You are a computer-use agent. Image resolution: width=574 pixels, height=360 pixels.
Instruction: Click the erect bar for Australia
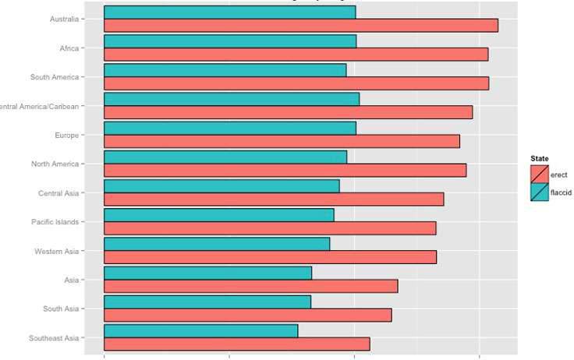click(x=300, y=26)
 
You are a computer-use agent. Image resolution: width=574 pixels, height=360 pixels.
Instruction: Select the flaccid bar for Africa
click(x=230, y=41)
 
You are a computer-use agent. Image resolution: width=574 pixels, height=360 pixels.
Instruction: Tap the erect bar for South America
click(x=296, y=83)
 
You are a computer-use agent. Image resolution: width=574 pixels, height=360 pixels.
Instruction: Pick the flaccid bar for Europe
click(x=230, y=128)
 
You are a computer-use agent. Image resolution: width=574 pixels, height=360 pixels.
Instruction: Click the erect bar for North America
click(x=285, y=170)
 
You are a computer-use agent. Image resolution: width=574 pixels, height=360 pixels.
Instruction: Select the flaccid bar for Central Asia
click(x=221, y=186)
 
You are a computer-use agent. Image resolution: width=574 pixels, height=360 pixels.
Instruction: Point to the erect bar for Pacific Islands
click(x=270, y=228)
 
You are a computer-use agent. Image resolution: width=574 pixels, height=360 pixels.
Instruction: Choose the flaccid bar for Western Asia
click(x=217, y=244)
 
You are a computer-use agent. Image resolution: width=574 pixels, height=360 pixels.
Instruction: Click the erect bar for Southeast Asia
click(x=236, y=344)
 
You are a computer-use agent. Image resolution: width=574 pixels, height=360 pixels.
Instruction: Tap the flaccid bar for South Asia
click(x=207, y=302)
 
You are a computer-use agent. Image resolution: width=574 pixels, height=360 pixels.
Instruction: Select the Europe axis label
click(x=66, y=136)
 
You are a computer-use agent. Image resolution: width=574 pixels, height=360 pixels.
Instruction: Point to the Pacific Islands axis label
click(x=55, y=222)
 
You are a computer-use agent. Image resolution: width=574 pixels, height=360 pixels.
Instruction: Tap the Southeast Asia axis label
click(x=54, y=338)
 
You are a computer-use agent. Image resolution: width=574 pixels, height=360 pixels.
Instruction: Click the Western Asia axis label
click(x=57, y=252)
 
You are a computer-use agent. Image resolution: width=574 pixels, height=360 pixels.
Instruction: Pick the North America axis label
click(x=55, y=164)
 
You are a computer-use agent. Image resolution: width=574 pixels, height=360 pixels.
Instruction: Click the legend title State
click(x=539, y=159)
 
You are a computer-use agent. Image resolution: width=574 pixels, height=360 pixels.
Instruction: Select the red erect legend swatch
click(x=539, y=174)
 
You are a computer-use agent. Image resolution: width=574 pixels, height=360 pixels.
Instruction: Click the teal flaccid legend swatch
click(x=539, y=192)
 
